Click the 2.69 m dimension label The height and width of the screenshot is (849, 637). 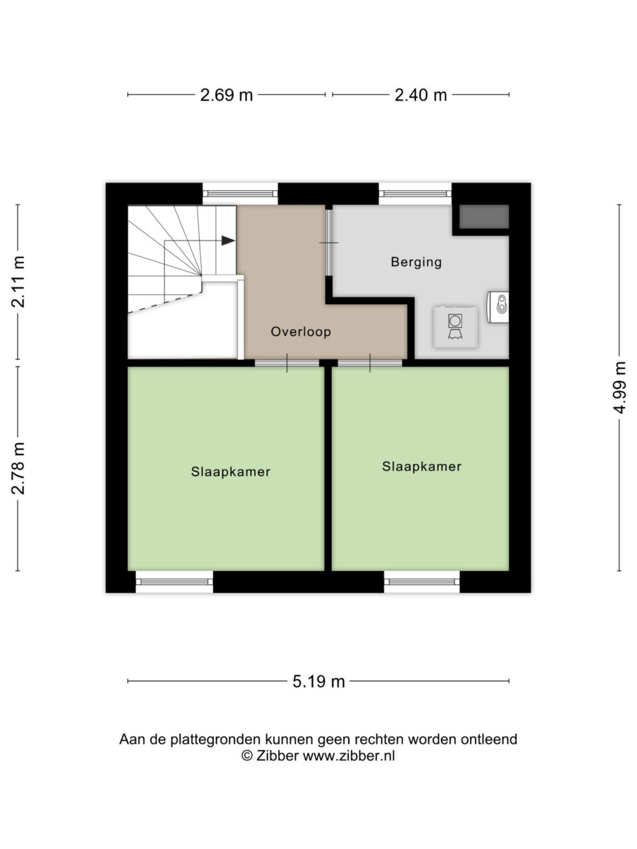click(226, 95)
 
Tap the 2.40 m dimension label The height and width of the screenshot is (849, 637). click(420, 95)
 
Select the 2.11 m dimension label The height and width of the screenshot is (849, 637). click(18, 281)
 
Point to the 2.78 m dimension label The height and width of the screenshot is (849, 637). click(18, 468)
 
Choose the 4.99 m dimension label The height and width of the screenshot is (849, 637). click(619, 388)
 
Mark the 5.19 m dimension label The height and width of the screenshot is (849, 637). click(318, 681)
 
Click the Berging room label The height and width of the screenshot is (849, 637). click(416, 262)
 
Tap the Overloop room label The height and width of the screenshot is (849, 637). click(301, 332)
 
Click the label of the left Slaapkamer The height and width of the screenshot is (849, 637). click(231, 471)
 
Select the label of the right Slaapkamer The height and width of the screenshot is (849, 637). click(422, 466)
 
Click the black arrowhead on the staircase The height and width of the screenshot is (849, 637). click(228, 241)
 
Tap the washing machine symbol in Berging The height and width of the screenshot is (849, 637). click(455, 327)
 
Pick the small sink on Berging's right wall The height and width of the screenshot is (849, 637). click(498, 307)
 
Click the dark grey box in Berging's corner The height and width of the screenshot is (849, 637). click(484, 216)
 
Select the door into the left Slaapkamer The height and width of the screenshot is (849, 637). click(287, 363)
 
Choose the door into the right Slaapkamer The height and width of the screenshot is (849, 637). click(369, 363)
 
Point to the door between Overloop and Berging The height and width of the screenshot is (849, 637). click(328, 243)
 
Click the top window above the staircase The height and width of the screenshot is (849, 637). click(240, 194)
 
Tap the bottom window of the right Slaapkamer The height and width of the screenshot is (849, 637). click(422, 582)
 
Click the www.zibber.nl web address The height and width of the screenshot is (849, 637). click(348, 756)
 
